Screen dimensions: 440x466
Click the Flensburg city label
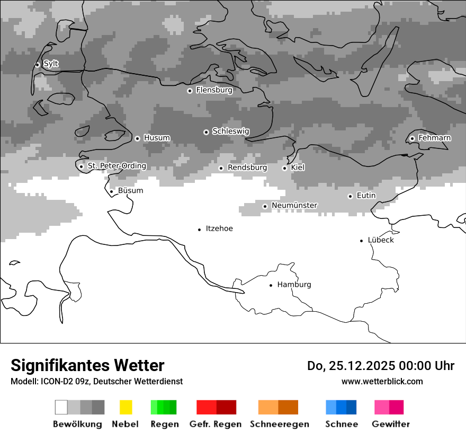214,90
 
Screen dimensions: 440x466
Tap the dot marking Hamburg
271,285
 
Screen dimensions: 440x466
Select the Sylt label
51,64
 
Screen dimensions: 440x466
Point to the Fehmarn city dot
412,138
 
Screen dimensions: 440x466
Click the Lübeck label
381,240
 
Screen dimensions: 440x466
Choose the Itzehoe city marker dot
199,230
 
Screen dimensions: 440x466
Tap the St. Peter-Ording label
116,166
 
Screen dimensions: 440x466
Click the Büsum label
130,191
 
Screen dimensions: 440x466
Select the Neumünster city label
294,206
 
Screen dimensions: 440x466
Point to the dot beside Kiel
284,168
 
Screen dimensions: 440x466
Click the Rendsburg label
247,168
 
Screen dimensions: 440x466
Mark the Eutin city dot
350,196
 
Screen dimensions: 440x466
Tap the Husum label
157,138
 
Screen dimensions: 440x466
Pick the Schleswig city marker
206,132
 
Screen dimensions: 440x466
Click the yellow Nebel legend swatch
126,407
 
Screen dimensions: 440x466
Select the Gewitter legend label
391,424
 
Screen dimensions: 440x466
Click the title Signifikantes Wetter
87,365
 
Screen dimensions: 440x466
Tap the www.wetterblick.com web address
382,381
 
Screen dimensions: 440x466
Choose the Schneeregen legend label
280,424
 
